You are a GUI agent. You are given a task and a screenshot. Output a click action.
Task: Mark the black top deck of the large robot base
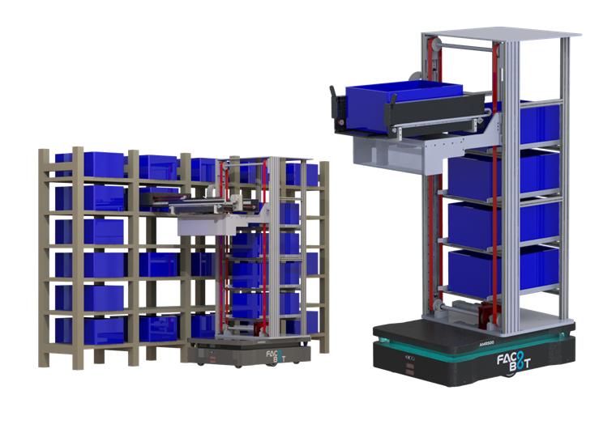pos(454,331)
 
